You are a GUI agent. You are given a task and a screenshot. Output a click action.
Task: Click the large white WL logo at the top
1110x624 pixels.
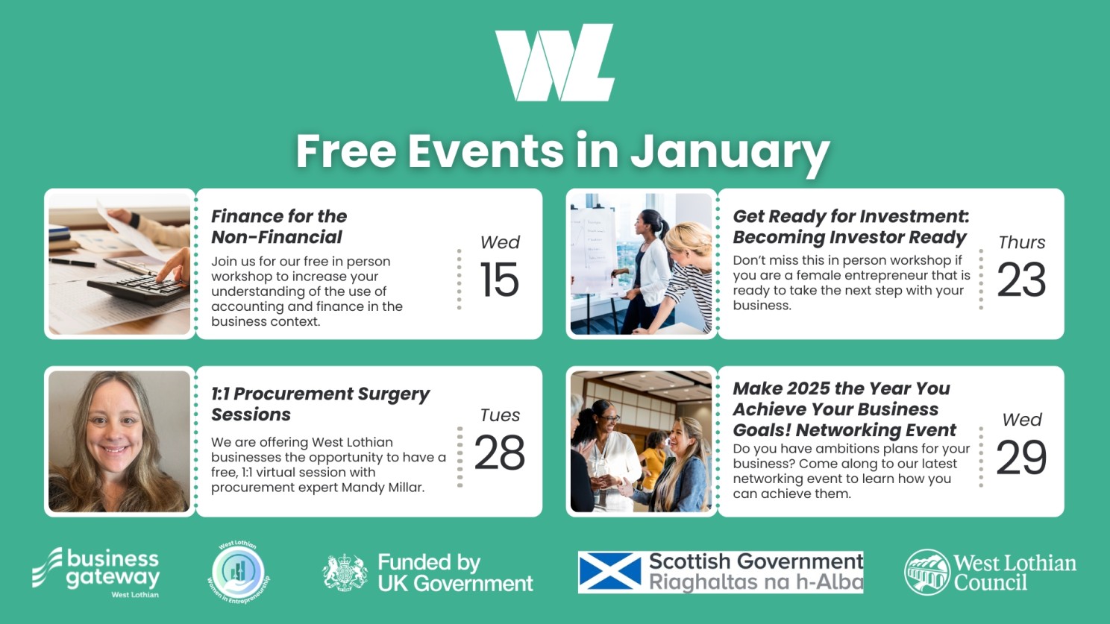[555, 63]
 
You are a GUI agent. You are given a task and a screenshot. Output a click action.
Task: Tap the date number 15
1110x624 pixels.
[500, 280]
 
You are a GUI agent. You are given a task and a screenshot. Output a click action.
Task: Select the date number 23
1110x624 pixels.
[1021, 280]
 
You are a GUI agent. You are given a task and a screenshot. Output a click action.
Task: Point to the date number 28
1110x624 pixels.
[500, 452]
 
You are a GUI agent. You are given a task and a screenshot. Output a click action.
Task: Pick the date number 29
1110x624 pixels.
[1021, 456]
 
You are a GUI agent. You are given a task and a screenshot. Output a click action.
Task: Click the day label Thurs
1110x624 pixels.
[1022, 242]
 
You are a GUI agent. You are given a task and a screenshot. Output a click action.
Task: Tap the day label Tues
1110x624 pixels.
[500, 415]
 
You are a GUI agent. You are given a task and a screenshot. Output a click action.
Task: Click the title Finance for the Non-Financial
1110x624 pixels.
[279, 227]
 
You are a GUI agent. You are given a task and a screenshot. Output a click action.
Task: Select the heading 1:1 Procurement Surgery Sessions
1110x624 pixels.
[320, 403]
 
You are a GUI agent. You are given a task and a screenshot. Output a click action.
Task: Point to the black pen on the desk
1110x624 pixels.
[72, 262]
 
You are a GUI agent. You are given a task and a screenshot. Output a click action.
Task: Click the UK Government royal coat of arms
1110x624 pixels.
[345, 573]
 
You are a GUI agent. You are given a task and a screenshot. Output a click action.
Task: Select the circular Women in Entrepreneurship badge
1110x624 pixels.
[239, 573]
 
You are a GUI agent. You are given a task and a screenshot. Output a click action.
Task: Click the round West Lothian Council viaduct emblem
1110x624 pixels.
[927, 572]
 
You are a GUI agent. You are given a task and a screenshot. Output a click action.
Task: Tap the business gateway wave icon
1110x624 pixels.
[48, 567]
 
